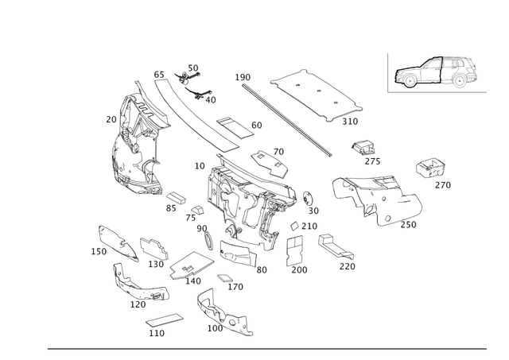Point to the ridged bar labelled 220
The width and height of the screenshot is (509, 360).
(334, 249)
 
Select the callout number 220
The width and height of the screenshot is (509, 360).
(347, 266)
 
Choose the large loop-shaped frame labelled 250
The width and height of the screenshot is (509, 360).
(374, 199)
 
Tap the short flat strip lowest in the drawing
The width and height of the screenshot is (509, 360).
(164, 322)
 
